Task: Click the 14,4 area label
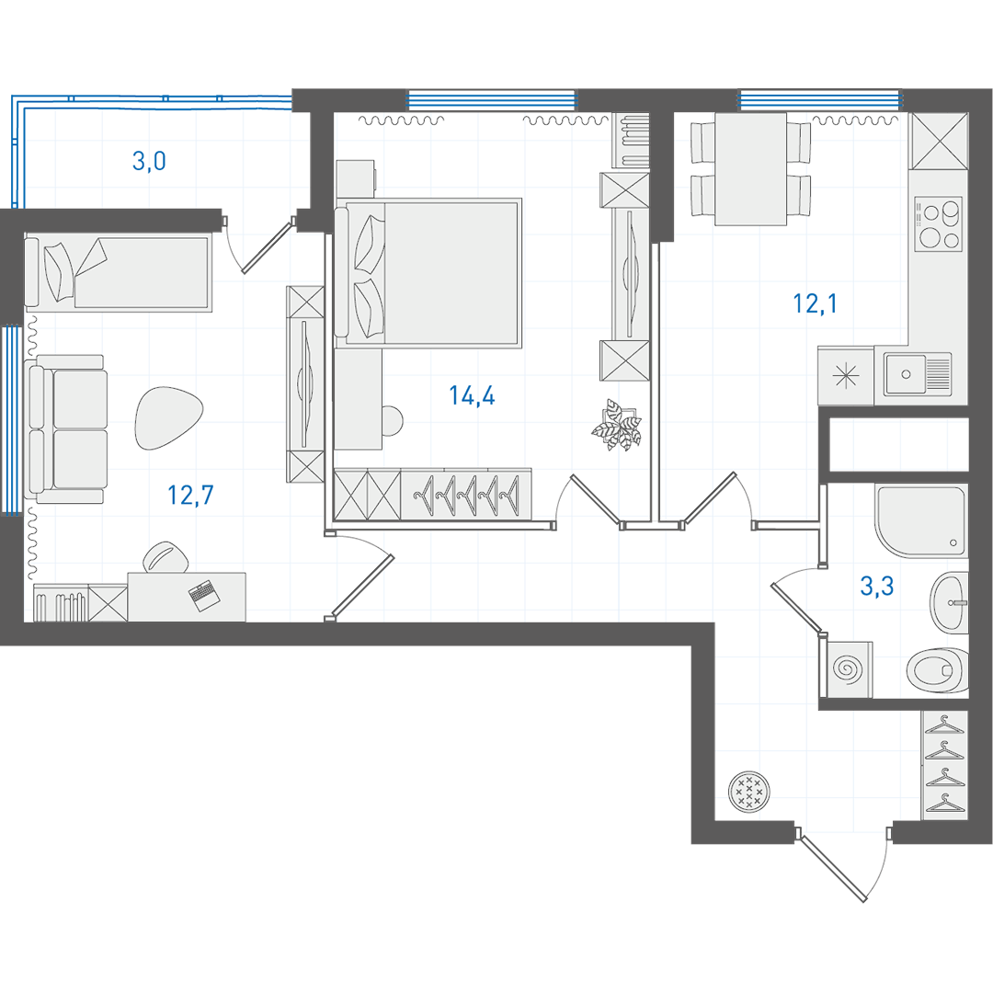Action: (472, 395)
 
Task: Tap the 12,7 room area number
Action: (190, 495)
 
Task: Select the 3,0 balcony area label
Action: (150, 161)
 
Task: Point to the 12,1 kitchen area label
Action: (815, 304)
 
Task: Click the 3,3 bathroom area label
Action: (877, 587)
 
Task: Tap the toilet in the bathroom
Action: (937, 670)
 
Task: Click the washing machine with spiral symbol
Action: (849, 668)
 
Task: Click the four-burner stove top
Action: (938, 224)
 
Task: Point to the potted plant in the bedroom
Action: (617, 425)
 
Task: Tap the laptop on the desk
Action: (204, 596)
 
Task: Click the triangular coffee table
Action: (168, 418)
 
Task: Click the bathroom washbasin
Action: (949, 601)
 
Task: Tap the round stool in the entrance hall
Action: (749, 792)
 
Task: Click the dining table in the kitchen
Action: (750, 169)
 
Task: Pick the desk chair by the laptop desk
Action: (166, 557)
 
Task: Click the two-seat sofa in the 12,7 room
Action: (66, 429)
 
